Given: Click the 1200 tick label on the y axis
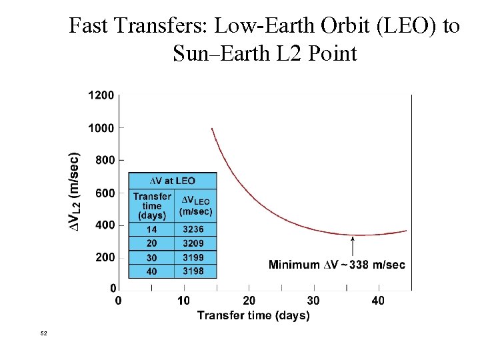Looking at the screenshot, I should (x=101, y=95).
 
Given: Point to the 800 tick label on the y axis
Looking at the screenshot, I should (x=104, y=160).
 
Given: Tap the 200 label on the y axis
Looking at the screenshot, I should (x=104, y=257).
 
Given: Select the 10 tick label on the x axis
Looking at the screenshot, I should (x=183, y=301).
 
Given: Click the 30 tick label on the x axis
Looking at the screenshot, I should (x=313, y=301).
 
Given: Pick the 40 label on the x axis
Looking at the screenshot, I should (x=378, y=301).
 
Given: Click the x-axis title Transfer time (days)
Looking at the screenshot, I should (x=253, y=315).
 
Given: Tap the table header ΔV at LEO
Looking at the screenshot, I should (x=172, y=181).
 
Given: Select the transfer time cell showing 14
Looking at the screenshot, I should (x=151, y=229).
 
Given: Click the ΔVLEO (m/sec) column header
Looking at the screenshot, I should (x=195, y=206).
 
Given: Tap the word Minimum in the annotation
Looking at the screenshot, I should (x=294, y=265).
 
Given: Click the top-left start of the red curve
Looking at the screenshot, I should (x=212, y=129).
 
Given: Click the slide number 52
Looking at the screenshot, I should (x=44, y=333).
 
